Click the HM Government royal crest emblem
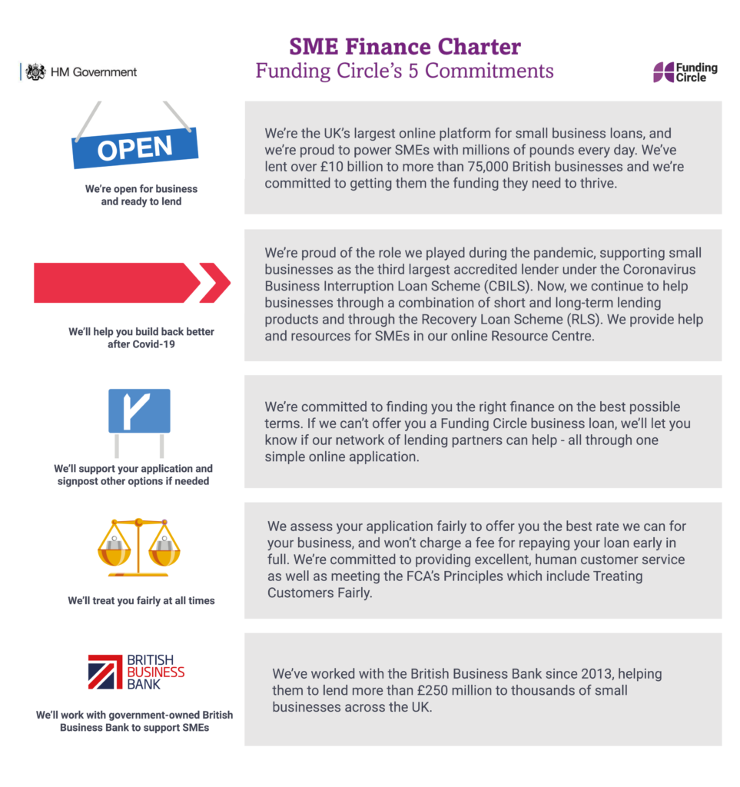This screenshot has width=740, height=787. coord(35,72)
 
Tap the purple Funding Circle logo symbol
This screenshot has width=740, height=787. coord(663,72)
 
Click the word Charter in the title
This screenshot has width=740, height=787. coord(480,47)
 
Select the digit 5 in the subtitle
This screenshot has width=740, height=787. coord(413,71)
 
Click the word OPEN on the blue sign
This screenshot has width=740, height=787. coord(135,148)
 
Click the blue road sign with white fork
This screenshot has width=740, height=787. coord(140,410)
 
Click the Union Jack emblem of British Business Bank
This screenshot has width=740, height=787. coord(105,672)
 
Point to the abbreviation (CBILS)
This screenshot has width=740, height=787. coord(506,286)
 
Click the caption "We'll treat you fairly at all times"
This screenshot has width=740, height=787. coord(141,601)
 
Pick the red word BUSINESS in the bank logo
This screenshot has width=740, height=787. coord(155,672)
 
